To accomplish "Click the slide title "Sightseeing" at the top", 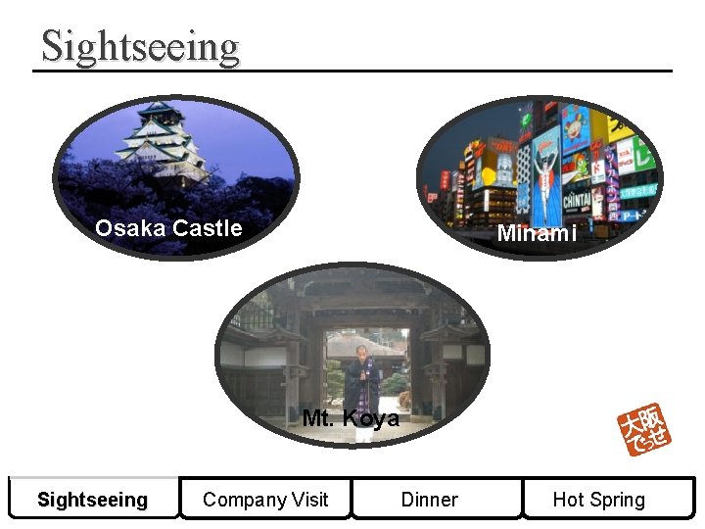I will click(x=140, y=46).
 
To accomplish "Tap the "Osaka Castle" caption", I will click(x=167, y=229).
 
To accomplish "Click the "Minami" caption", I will click(x=536, y=234).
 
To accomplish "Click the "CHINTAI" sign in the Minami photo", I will click(x=577, y=200).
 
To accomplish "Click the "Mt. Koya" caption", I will click(x=351, y=419).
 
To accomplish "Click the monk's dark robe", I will click(x=361, y=387).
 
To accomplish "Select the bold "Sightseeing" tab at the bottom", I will click(x=92, y=500).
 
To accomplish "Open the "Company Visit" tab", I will click(x=265, y=500).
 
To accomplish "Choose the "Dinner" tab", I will click(x=429, y=500).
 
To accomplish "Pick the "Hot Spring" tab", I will click(x=598, y=500).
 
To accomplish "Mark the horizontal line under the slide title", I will click(x=352, y=71).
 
